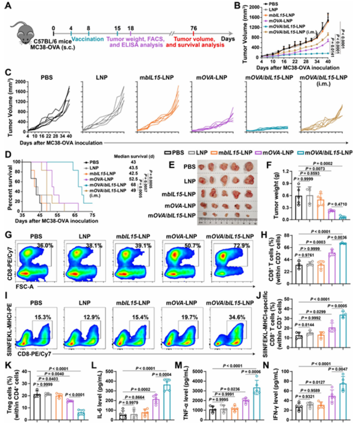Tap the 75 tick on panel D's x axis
tap(92, 215)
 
